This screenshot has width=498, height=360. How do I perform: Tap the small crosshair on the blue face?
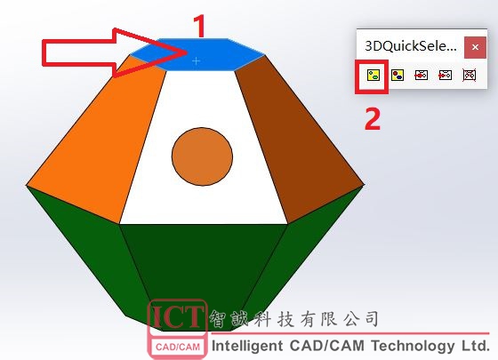pos(197,60)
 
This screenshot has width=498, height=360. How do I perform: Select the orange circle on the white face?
pos(203,156)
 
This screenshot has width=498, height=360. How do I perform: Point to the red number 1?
pos(199,27)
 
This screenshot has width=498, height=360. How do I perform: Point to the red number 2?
pos(373,118)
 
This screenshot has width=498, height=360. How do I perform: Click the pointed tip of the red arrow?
pos(187,52)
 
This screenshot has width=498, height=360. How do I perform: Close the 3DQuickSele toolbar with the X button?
pos(475,47)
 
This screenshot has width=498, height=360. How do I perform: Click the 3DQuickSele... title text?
pos(410,46)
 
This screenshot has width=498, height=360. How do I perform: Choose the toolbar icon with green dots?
pos(373,76)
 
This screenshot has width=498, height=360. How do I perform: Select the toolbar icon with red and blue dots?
pos(398,76)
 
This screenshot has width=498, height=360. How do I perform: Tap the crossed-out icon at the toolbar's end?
pos(470,76)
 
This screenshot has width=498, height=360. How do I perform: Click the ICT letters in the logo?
pos(178,316)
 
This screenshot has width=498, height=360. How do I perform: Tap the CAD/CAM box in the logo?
pos(178,347)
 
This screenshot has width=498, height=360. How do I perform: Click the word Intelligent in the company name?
pos(247,346)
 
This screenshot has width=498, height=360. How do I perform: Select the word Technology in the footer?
pos(413,346)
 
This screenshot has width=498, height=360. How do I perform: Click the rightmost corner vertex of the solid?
pos(365,184)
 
